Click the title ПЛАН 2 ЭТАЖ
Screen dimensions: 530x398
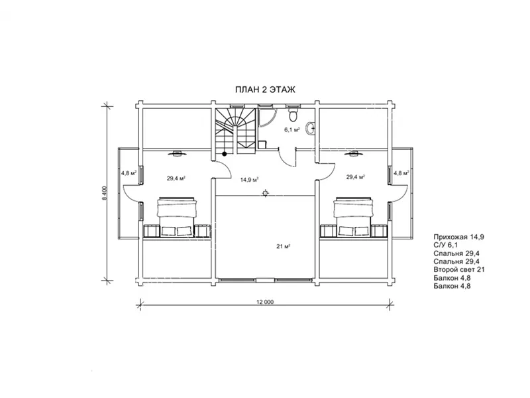coord(265,90)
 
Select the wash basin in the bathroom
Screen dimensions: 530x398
coord(311,128)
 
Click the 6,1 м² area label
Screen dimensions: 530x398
coord(292,129)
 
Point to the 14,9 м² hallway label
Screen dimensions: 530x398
coord(250,180)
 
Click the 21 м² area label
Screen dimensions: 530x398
coord(284,246)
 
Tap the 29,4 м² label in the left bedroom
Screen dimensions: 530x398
coord(176,178)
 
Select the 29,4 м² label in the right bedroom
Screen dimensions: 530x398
coord(356,176)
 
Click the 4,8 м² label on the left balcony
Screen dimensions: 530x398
coord(129,173)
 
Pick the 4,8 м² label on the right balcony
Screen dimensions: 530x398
coord(401,173)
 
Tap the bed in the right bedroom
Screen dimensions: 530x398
coord(353,217)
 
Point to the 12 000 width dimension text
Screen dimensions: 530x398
coord(266,302)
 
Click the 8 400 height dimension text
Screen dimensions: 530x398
coord(105,193)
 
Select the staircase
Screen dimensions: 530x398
coord(236,129)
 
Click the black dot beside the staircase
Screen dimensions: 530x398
coord(224,154)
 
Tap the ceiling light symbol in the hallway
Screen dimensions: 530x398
coord(266,194)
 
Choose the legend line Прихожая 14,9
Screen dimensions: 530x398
coord(458,237)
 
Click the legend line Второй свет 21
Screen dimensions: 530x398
coord(459,270)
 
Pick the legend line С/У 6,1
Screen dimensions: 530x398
coord(445,245)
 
